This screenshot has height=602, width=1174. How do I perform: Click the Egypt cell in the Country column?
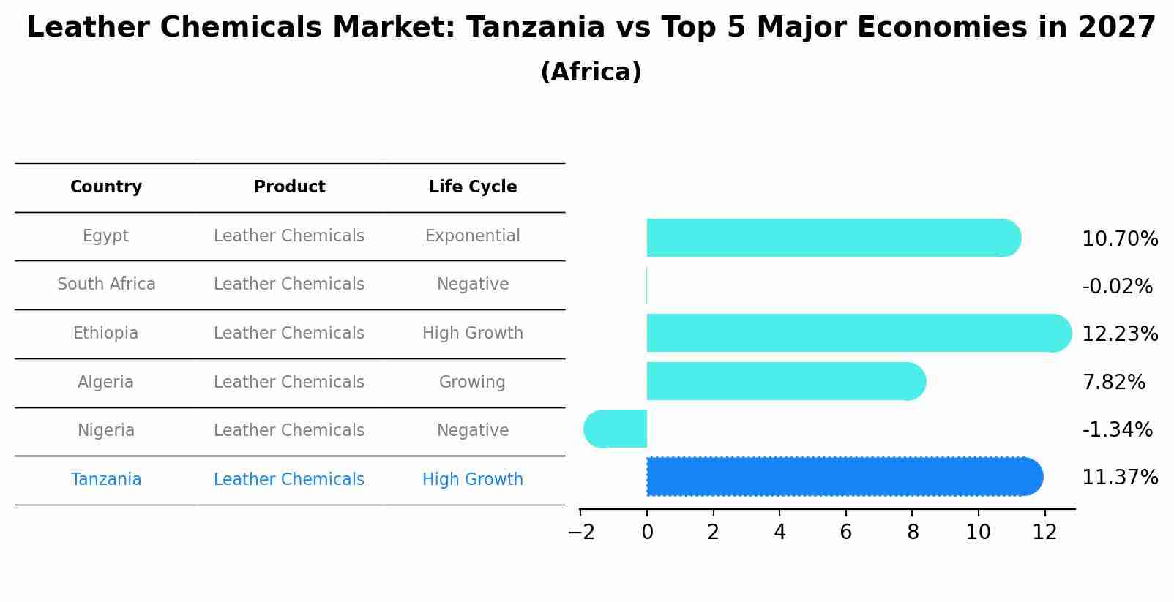click(x=105, y=236)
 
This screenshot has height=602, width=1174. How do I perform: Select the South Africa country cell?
click(x=106, y=285)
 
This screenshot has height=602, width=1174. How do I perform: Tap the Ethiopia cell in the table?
click(x=105, y=334)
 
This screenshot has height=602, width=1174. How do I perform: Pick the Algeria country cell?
click(x=105, y=383)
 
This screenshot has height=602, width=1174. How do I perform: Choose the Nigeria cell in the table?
click(x=106, y=431)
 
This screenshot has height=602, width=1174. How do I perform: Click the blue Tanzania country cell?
click(x=106, y=480)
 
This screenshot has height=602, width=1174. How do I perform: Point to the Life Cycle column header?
click(x=473, y=187)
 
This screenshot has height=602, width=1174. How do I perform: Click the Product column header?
click(x=289, y=187)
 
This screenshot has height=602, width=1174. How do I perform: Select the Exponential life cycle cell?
click(x=472, y=236)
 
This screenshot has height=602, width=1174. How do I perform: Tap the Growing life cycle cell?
click(x=472, y=383)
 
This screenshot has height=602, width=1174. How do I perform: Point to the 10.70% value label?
click(x=1119, y=239)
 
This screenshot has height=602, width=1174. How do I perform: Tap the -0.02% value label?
click(x=1117, y=287)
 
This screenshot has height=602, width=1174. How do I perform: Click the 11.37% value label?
click(x=1119, y=478)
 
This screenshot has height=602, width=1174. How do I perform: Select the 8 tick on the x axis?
click(x=912, y=533)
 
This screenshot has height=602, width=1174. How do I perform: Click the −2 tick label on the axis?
click(x=581, y=533)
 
